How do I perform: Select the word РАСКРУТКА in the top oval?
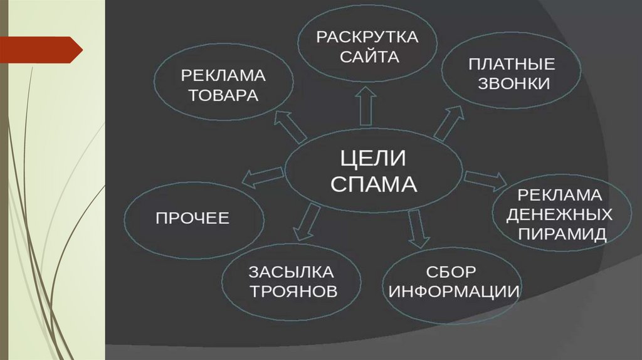[367, 36]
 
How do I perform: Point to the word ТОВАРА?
[224, 97]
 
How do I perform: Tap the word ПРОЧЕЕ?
[192, 218]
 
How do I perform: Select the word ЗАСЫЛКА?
[292, 273]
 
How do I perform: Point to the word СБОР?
[451, 273]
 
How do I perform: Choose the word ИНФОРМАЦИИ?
[451, 292]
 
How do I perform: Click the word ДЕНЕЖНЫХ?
[559, 215]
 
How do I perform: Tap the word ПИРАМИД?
[559, 235]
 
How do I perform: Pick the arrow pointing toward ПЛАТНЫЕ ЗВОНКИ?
[450, 122]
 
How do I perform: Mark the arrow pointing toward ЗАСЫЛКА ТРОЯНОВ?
[307, 221]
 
